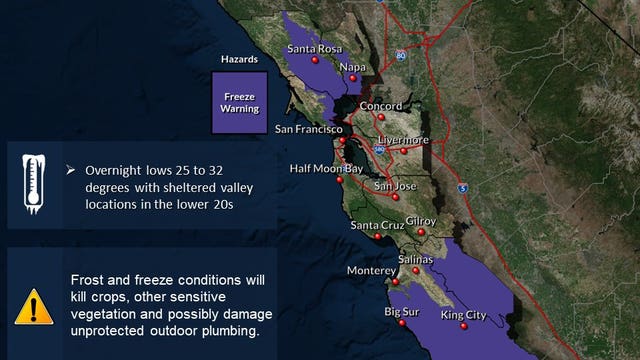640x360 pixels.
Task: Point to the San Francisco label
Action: [310, 130]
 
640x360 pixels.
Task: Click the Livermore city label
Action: [404, 140]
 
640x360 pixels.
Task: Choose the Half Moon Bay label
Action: [326, 169]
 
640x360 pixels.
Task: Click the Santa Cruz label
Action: [377, 225]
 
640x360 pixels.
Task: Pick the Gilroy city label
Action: [421, 221]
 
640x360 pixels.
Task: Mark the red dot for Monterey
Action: [396, 283]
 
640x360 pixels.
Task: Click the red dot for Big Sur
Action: [402, 323]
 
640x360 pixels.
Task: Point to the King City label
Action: [464, 315]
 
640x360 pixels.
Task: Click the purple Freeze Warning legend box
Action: [239, 103]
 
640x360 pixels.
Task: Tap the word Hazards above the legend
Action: [239, 60]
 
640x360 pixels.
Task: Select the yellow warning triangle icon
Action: [34, 305]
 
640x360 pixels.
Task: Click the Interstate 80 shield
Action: [400, 56]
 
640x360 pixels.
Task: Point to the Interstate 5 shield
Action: [461, 187]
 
